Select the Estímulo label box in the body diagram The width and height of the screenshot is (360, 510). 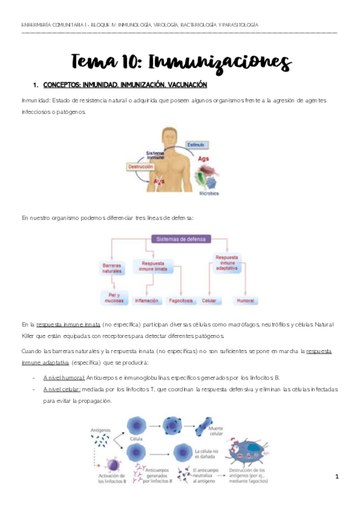[197, 145]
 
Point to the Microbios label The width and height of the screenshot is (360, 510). [209, 194]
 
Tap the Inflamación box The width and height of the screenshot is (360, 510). [147, 300]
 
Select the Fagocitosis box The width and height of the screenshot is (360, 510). [180, 300]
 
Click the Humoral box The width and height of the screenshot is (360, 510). [246, 300]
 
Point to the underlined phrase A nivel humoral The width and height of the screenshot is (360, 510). [64, 377]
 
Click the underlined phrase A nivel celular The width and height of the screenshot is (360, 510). [62, 389]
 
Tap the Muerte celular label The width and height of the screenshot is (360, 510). [215, 431]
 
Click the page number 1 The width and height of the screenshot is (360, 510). [337, 477]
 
